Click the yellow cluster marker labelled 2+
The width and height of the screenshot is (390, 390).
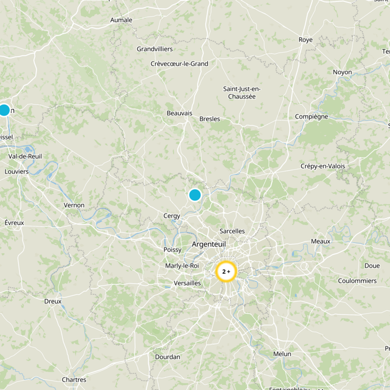226,271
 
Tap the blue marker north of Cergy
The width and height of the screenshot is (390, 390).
195,195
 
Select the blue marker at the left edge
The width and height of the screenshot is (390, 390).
4,110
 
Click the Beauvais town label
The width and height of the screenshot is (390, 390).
179,113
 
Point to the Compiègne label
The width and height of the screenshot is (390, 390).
312,117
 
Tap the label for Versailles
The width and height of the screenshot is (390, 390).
187,283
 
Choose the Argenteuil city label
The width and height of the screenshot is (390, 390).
209,244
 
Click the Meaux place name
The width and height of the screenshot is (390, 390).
320,241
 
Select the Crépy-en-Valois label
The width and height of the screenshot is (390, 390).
323,166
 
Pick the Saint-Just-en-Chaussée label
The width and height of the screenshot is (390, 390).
242,93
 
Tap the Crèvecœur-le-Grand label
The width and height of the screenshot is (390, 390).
179,64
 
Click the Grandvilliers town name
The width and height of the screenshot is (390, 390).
155,49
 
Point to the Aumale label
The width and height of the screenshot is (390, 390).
121,20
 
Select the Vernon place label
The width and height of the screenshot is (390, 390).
74,205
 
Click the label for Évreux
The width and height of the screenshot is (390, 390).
14,222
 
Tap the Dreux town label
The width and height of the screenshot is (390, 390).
53,301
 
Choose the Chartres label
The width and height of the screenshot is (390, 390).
74,380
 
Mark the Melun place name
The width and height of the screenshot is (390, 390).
282,354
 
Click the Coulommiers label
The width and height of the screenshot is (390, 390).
357,281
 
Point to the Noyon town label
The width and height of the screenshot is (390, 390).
342,72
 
